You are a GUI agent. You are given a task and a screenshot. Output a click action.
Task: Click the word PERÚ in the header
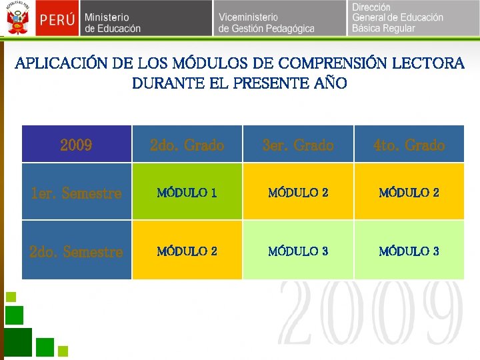(56, 19)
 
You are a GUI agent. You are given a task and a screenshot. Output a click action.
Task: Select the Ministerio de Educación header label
(112, 23)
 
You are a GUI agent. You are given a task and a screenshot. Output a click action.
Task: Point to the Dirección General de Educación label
(397, 18)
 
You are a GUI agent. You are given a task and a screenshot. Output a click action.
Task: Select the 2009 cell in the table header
(76, 145)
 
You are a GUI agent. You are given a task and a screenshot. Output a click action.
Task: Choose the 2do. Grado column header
(187, 145)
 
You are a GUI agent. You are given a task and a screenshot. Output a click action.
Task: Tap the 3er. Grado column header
(298, 145)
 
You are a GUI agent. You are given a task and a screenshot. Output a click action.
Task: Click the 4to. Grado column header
(409, 145)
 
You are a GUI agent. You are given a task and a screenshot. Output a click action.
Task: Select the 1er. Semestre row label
(76, 193)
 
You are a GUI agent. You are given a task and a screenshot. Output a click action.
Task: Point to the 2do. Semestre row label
(76, 251)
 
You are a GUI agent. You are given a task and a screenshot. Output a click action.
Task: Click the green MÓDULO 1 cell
(187, 193)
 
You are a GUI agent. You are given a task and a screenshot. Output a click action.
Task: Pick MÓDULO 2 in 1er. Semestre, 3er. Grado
(298, 193)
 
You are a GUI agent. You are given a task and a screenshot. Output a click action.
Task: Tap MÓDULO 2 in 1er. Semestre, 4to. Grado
(409, 193)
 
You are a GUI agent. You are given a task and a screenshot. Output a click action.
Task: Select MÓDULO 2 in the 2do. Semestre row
(187, 251)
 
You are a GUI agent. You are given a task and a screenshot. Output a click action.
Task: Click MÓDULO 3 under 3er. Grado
(298, 251)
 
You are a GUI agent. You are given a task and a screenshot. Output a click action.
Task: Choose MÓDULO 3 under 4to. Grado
(409, 251)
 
